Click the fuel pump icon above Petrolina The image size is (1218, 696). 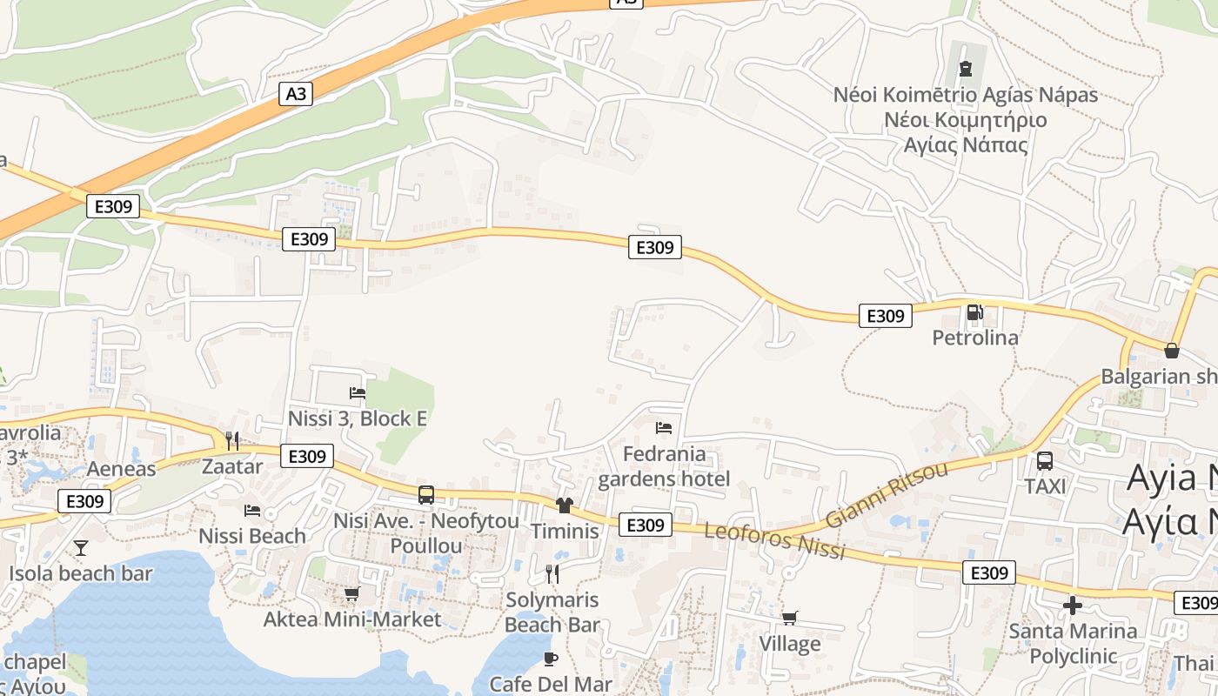(x=974, y=312)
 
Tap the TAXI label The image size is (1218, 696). (x=1045, y=486)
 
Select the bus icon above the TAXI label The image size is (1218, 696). (x=1045, y=461)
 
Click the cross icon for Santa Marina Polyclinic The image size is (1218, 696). (x=1073, y=606)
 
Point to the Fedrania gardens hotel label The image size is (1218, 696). (x=665, y=466)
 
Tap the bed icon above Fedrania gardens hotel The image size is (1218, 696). (x=664, y=428)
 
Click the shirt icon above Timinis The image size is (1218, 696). (x=565, y=505)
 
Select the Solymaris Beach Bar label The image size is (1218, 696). (x=552, y=612)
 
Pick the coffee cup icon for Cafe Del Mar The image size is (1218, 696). (x=550, y=658)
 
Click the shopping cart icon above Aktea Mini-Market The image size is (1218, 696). (x=351, y=594)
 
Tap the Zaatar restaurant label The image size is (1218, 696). (x=231, y=466)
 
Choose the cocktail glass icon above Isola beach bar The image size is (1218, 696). (x=81, y=548)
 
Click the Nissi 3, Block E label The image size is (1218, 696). (x=358, y=418)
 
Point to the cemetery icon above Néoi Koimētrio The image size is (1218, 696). (x=965, y=68)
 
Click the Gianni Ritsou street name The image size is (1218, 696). (x=887, y=495)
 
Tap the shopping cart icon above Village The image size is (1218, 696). (x=789, y=618)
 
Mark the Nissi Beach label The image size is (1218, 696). (x=252, y=535)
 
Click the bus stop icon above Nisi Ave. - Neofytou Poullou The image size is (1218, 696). (x=426, y=495)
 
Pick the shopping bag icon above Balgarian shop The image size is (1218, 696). (x=1172, y=351)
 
